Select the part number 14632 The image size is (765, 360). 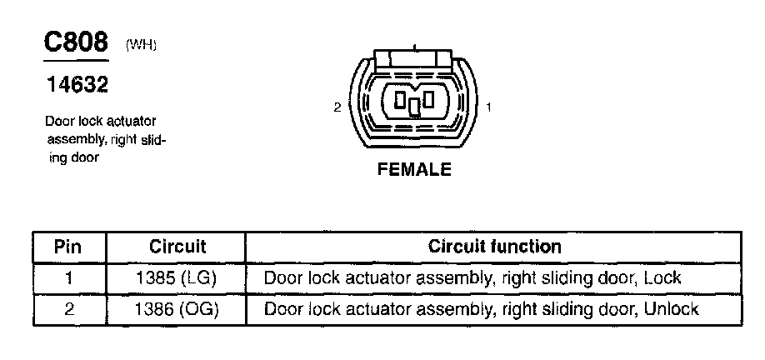77,85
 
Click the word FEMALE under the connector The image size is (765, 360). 414,170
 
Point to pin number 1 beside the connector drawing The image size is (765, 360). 488,107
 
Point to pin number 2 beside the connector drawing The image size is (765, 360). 337,107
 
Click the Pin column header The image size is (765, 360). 68,247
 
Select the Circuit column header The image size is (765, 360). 177,247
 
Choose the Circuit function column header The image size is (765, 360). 494,247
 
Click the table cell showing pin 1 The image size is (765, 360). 68,277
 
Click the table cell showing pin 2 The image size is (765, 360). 68,309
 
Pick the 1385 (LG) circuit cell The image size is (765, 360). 177,277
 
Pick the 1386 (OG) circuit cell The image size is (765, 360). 177,309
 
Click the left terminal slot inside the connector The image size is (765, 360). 400,101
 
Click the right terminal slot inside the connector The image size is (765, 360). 429,100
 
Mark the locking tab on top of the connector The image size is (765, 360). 413,58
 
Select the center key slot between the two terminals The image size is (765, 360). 414,106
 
